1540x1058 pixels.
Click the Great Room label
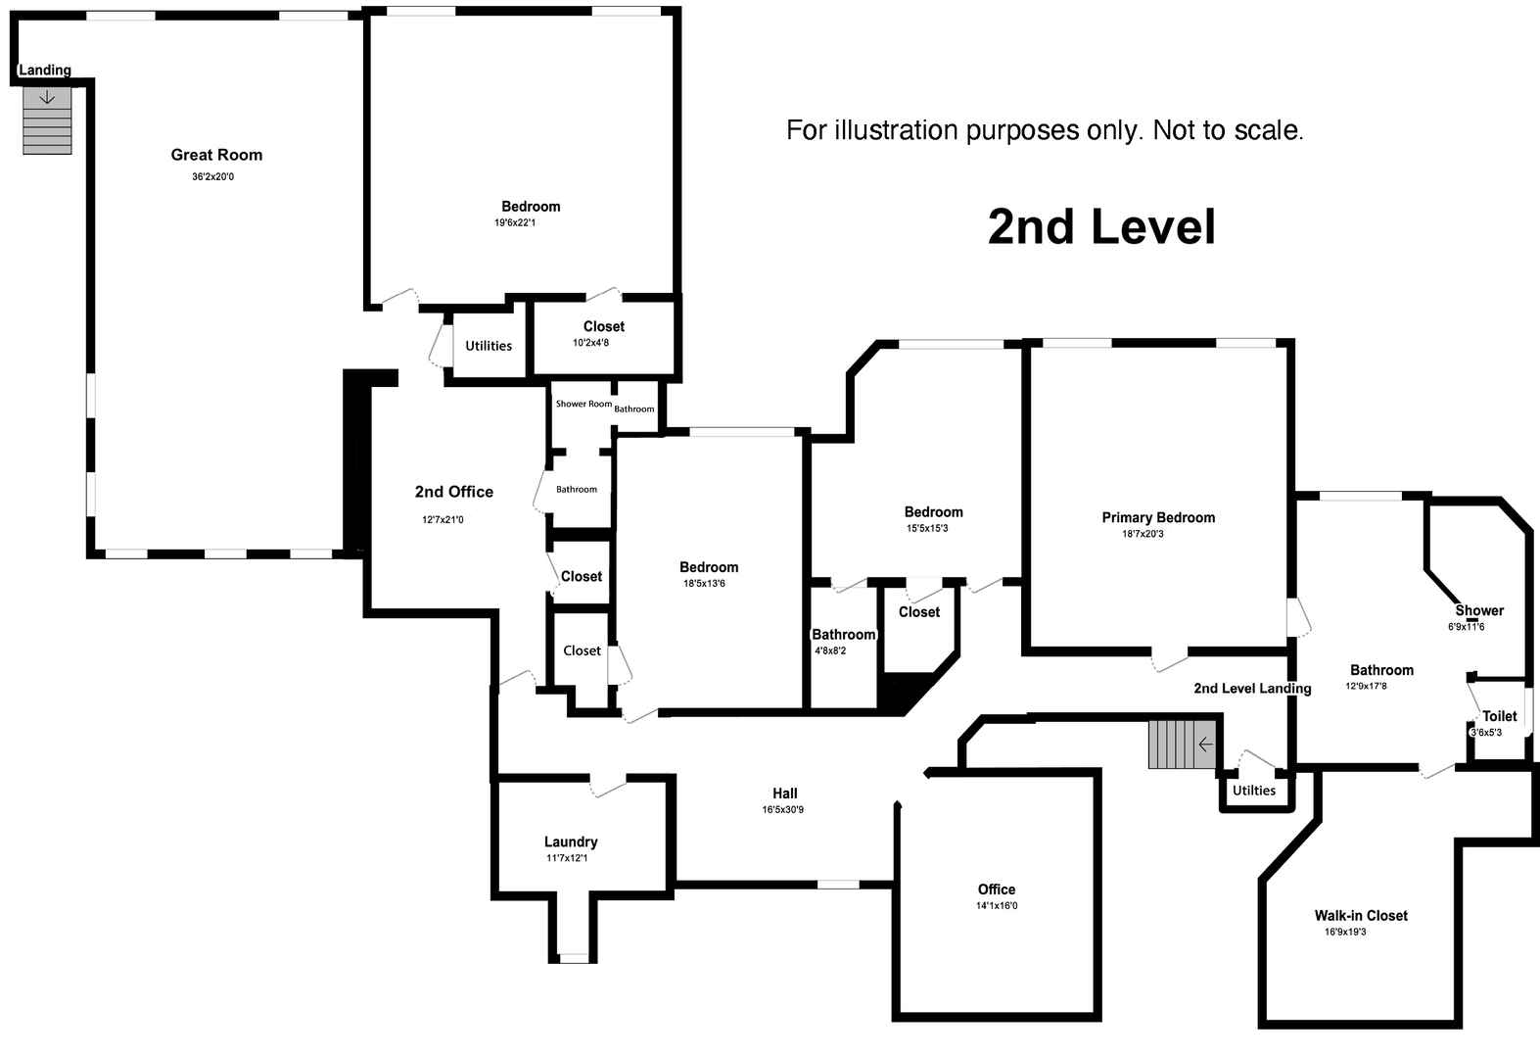pyautogui.click(x=216, y=155)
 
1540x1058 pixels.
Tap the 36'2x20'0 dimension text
pyautogui.click(x=213, y=177)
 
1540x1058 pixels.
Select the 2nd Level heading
pyautogui.click(x=1101, y=226)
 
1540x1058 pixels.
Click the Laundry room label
pyautogui.click(x=571, y=842)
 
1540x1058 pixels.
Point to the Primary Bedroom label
pyautogui.click(x=1158, y=517)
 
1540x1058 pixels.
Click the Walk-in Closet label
pyautogui.click(x=1361, y=916)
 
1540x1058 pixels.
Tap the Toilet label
pyautogui.click(x=1499, y=716)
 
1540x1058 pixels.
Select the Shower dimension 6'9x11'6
pyautogui.click(x=1466, y=627)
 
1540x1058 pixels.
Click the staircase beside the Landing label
pyautogui.click(x=47, y=120)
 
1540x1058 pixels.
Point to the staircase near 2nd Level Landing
pyautogui.click(x=1182, y=745)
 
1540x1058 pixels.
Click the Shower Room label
pyautogui.click(x=583, y=404)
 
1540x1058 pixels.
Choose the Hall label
pyautogui.click(x=784, y=793)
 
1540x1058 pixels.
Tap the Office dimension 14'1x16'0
pyautogui.click(x=996, y=906)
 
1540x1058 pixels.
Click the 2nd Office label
pyautogui.click(x=453, y=492)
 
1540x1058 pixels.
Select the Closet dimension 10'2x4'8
pyautogui.click(x=590, y=343)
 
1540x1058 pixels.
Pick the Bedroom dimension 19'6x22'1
pyautogui.click(x=515, y=223)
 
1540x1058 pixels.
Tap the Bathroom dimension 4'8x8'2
pyautogui.click(x=830, y=650)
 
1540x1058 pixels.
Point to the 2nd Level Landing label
pyautogui.click(x=1252, y=689)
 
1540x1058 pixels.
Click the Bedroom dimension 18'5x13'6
pyautogui.click(x=704, y=584)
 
